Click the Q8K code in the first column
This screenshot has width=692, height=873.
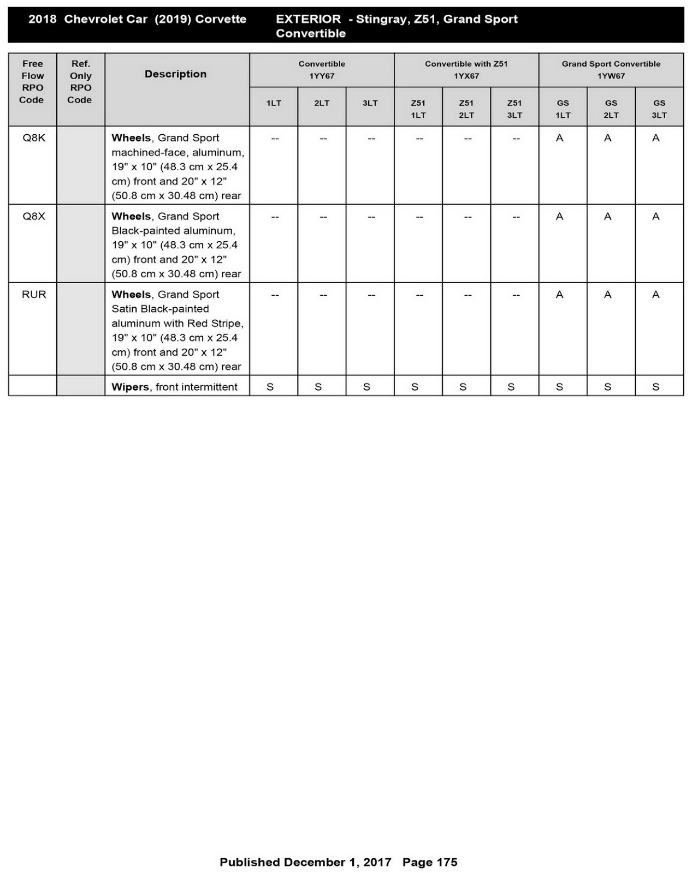34,138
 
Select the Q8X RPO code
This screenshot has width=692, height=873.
34,217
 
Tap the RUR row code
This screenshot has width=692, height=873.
34,295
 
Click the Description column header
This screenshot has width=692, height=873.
175,74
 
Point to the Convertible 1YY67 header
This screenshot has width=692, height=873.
322,70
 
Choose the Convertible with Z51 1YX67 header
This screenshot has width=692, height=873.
466,70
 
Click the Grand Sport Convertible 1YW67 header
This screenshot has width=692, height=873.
611,70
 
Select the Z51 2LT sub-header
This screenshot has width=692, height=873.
466,109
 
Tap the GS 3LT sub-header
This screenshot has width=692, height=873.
659,109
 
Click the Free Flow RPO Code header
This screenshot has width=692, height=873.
32,82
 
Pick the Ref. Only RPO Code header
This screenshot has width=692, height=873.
80,82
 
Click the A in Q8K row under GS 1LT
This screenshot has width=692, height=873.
559,139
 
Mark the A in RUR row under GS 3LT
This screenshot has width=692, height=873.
656,295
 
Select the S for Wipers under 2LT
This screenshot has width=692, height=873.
318,387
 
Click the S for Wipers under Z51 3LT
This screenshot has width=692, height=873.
511,387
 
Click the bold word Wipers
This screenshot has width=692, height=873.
130,387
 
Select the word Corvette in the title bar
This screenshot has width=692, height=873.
221,20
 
